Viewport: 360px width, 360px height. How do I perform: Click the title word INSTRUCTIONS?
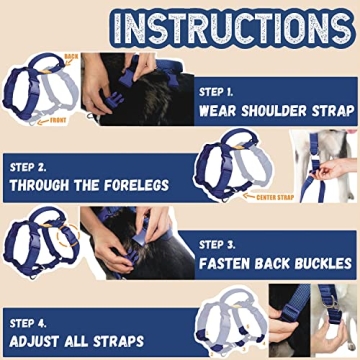click(x=180, y=26)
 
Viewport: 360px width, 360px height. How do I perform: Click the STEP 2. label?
click(x=32, y=166)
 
